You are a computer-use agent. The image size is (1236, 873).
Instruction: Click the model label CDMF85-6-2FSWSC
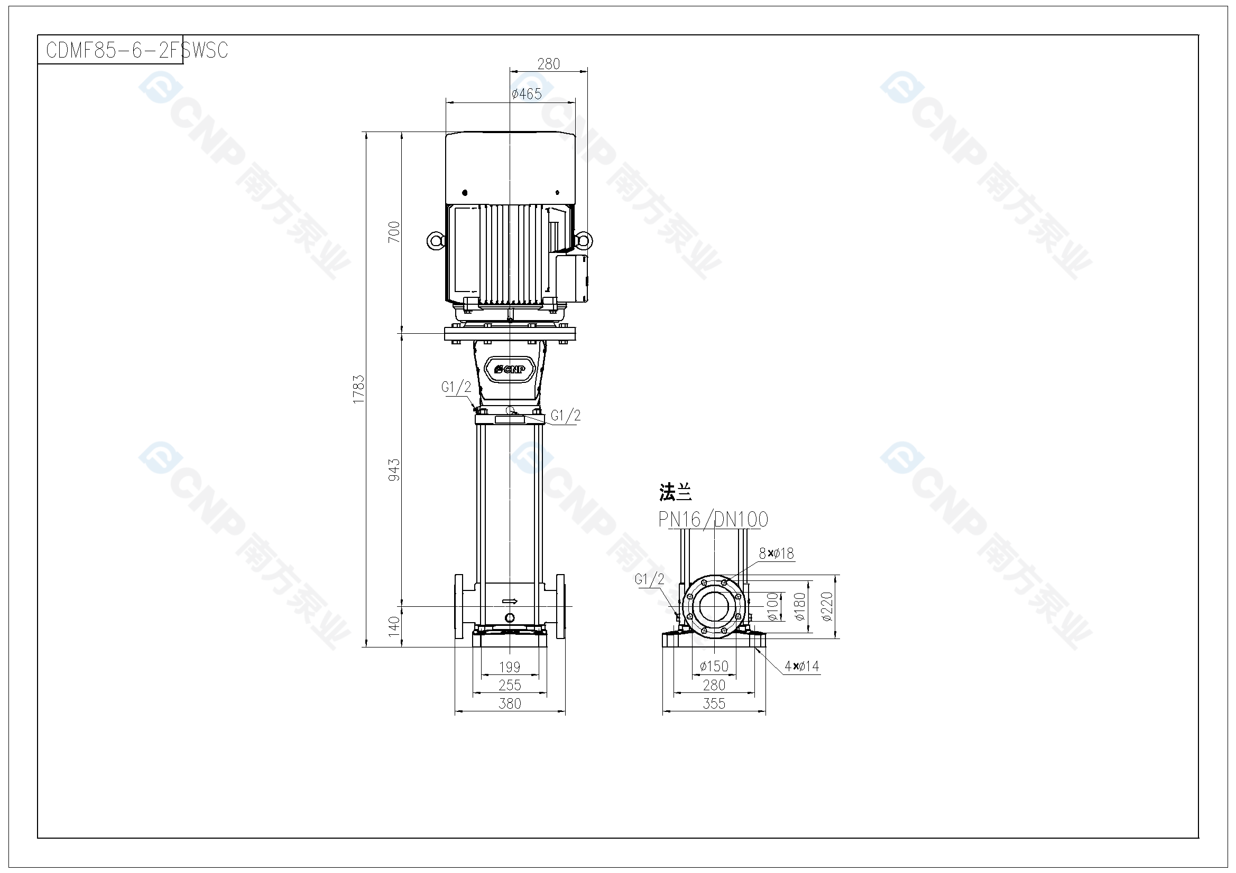(x=137, y=50)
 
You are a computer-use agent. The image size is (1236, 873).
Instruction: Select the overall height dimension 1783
(x=358, y=389)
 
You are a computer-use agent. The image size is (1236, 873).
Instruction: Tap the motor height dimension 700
(x=394, y=232)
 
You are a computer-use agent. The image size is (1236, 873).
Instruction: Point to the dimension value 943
(x=394, y=470)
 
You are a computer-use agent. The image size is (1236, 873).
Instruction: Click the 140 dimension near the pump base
(x=394, y=627)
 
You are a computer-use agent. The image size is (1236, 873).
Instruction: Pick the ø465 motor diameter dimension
(x=527, y=94)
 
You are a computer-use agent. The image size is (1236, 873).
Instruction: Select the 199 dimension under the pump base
(x=509, y=667)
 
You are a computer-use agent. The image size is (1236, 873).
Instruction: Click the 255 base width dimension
(x=509, y=686)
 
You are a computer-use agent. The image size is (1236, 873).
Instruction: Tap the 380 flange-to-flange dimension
(x=509, y=703)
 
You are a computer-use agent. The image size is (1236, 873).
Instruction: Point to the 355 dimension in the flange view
(x=714, y=703)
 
